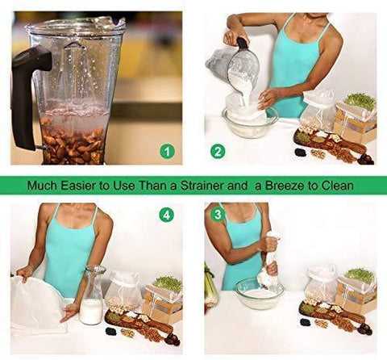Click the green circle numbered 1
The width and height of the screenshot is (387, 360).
click(x=168, y=152)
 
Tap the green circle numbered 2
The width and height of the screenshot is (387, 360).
click(x=218, y=152)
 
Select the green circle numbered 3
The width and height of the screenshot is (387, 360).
click(x=218, y=215)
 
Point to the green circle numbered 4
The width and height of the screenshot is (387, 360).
click(x=167, y=216)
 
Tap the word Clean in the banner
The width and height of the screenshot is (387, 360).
click(x=337, y=186)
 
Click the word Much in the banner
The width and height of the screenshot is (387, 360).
click(x=42, y=186)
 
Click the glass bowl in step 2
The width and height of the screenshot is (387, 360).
click(x=250, y=123)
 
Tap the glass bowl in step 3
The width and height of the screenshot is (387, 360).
click(x=260, y=293)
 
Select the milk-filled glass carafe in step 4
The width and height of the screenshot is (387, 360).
click(x=91, y=295)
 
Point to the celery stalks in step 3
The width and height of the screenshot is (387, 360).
click(x=211, y=289)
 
